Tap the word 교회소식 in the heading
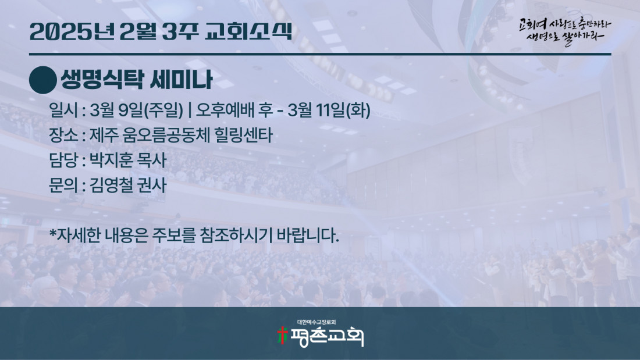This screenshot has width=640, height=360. (248, 31)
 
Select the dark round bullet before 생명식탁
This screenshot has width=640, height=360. (43, 80)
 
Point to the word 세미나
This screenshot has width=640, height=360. (182, 79)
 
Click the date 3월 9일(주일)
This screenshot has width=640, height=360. (136, 110)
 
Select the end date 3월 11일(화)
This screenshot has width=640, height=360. (329, 110)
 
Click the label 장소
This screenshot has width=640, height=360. (63, 135)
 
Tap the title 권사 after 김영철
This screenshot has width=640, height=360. (152, 186)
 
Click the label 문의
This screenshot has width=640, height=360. (63, 186)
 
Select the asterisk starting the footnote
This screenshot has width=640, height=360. (52, 233)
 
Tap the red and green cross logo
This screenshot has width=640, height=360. (282, 336)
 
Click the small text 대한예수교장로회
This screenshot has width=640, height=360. (317, 322)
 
